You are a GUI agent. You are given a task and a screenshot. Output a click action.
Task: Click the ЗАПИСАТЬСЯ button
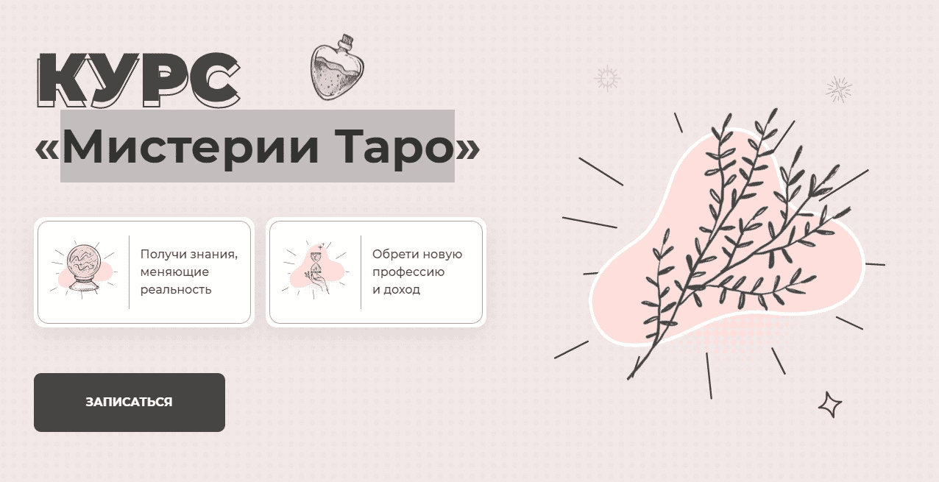click(x=129, y=403)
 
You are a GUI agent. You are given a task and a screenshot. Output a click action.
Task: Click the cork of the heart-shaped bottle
click(x=344, y=39)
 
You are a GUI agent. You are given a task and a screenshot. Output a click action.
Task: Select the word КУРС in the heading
click(x=138, y=79)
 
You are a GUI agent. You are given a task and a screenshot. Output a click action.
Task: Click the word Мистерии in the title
click(x=191, y=147)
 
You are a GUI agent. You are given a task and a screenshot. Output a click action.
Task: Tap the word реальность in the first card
click(x=176, y=289)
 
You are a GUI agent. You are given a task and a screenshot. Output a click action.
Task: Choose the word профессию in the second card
click(x=408, y=272)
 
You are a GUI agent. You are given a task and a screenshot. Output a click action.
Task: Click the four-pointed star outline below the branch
click(x=830, y=404)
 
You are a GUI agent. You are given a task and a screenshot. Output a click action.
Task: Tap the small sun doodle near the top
click(x=607, y=78)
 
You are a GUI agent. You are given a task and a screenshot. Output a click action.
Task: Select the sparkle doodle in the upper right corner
click(x=838, y=89)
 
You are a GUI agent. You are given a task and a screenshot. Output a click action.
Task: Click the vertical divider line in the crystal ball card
click(x=130, y=272)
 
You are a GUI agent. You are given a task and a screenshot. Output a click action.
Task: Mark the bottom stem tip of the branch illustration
click(x=630, y=378)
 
